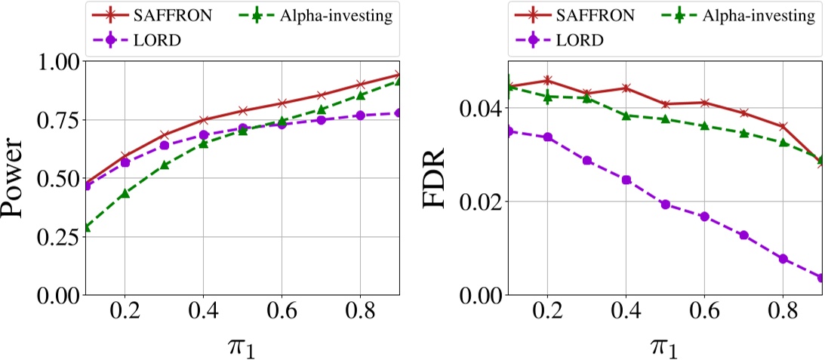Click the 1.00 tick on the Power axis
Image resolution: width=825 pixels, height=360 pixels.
tap(56, 61)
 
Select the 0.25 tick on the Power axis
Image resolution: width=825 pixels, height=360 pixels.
tap(56, 236)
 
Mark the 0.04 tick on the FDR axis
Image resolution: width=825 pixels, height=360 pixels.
tap(480, 108)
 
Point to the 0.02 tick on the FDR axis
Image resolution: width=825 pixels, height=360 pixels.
tap(480, 202)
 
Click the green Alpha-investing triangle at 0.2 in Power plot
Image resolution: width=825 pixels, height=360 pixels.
tap(125, 194)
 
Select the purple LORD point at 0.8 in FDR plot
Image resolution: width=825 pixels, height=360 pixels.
tap(783, 259)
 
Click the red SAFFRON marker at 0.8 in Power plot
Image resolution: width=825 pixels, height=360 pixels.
tap(360, 84)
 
